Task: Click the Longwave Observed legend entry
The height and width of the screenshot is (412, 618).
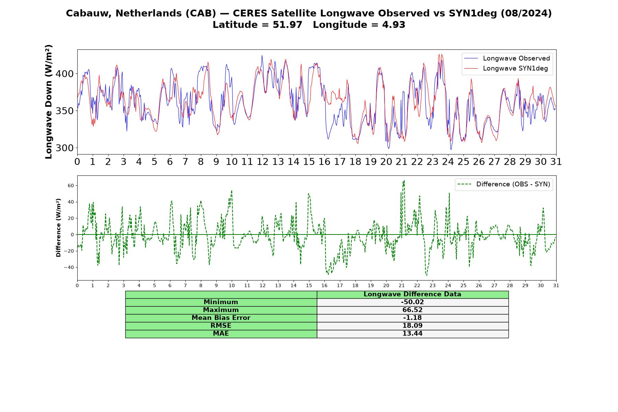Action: (x=507, y=58)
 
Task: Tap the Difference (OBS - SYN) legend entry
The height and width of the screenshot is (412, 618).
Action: (x=504, y=184)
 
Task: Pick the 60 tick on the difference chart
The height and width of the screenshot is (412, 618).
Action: (x=71, y=185)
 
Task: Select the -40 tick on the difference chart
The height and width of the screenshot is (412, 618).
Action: (x=69, y=267)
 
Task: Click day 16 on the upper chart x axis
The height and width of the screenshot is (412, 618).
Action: (x=324, y=161)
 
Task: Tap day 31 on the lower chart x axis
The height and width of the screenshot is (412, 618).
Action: (x=556, y=285)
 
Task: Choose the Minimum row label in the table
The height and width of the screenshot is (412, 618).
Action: (x=221, y=302)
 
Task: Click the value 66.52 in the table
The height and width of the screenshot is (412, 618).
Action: (x=412, y=310)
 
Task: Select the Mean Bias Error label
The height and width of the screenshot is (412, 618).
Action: (x=221, y=318)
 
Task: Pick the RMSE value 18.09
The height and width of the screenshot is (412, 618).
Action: (x=412, y=326)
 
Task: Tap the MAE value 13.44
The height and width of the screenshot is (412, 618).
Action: (x=412, y=334)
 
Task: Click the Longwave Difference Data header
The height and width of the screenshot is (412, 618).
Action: (x=412, y=294)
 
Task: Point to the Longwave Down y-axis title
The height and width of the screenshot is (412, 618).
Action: (x=48, y=102)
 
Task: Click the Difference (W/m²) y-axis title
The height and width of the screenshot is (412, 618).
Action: (x=58, y=228)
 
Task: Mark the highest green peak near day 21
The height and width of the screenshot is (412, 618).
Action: (x=404, y=180)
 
